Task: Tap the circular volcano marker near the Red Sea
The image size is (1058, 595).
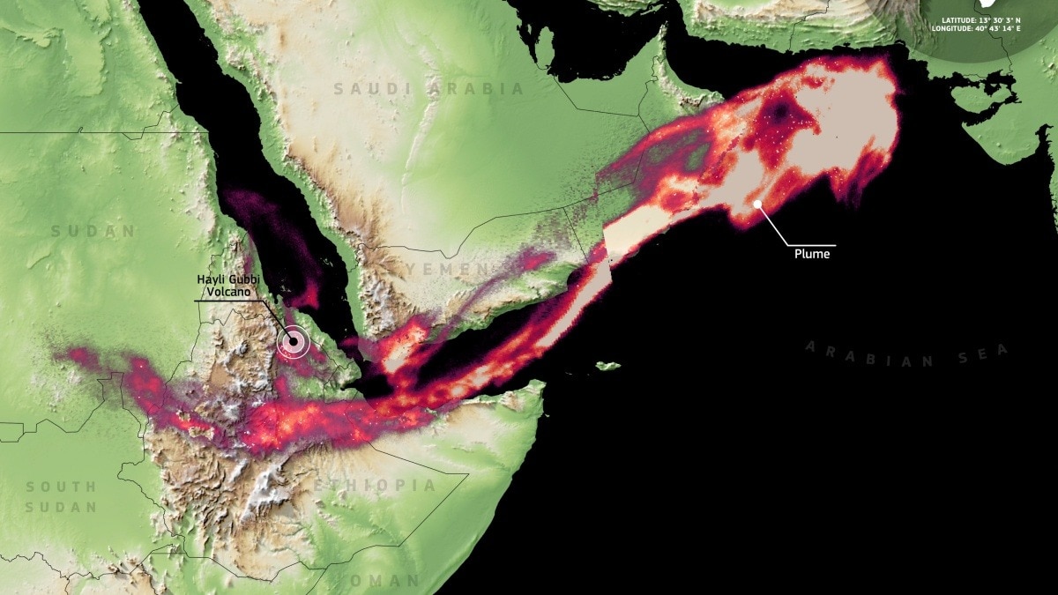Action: pos(293,342)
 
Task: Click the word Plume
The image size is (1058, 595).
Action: pos(811,254)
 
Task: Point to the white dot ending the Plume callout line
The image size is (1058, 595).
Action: pos(756,205)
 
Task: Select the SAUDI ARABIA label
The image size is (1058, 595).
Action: pos(428,89)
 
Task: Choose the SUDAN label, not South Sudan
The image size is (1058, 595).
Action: pos(93,231)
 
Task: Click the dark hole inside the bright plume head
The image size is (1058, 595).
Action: pos(781,112)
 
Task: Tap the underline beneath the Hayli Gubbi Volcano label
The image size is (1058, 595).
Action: pos(234,301)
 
